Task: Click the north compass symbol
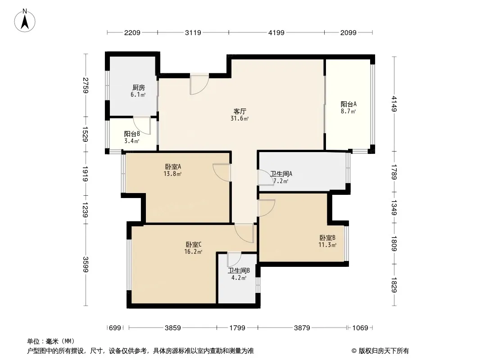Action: [26, 20]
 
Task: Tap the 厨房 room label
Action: [138, 88]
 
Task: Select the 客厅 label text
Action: [239, 111]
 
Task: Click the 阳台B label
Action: [132, 134]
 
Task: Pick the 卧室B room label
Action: [327, 238]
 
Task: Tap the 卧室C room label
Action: [193, 244]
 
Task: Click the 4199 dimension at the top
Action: [276, 32]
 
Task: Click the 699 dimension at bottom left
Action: [115, 328]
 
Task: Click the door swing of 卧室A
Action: [222, 172]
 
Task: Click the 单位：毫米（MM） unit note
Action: [50, 341]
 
